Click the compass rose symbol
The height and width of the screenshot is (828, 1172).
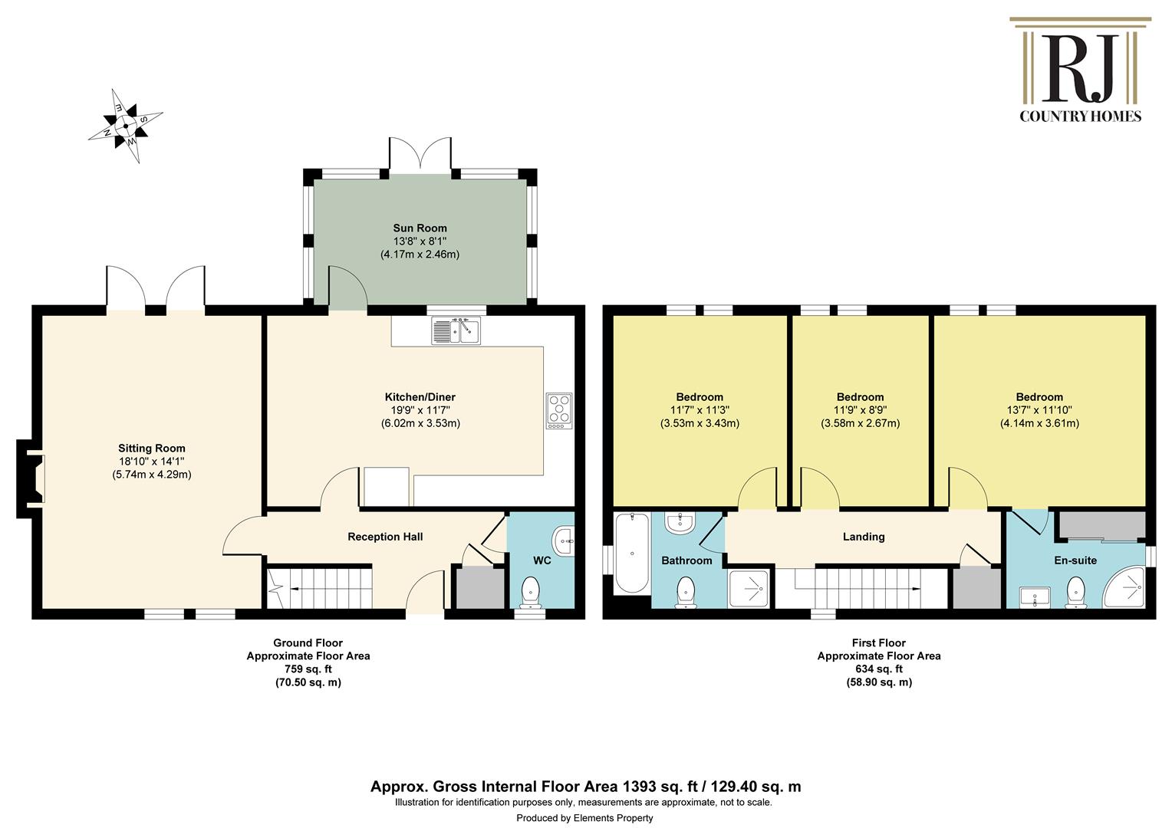pos(126,126)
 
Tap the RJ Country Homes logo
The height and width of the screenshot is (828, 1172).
pos(1080,70)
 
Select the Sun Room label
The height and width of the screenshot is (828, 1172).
pos(420,228)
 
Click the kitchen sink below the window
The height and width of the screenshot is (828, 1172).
pos(456,330)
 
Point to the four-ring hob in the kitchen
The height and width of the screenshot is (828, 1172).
pos(559,411)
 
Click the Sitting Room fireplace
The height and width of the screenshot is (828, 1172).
pos(31,478)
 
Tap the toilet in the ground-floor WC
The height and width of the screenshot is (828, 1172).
pos(531,593)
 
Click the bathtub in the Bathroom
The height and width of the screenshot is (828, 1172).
pos(633,554)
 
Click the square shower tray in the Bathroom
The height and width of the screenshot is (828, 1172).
pos(749,589)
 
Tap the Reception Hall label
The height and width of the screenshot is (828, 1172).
pos(385,537)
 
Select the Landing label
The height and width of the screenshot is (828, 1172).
pos(864,537)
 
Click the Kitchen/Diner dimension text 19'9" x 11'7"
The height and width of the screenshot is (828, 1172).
pos(420,410)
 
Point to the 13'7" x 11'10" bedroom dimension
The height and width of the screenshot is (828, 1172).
pos(1039,410)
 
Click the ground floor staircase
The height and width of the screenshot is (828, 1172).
pos(319,588)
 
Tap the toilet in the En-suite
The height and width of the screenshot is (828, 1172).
pos(1075,593)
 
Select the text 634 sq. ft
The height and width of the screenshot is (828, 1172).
pos(879,669)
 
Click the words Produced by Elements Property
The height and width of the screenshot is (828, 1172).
pos(585,818)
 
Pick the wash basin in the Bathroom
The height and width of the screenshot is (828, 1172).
pos(680,522)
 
